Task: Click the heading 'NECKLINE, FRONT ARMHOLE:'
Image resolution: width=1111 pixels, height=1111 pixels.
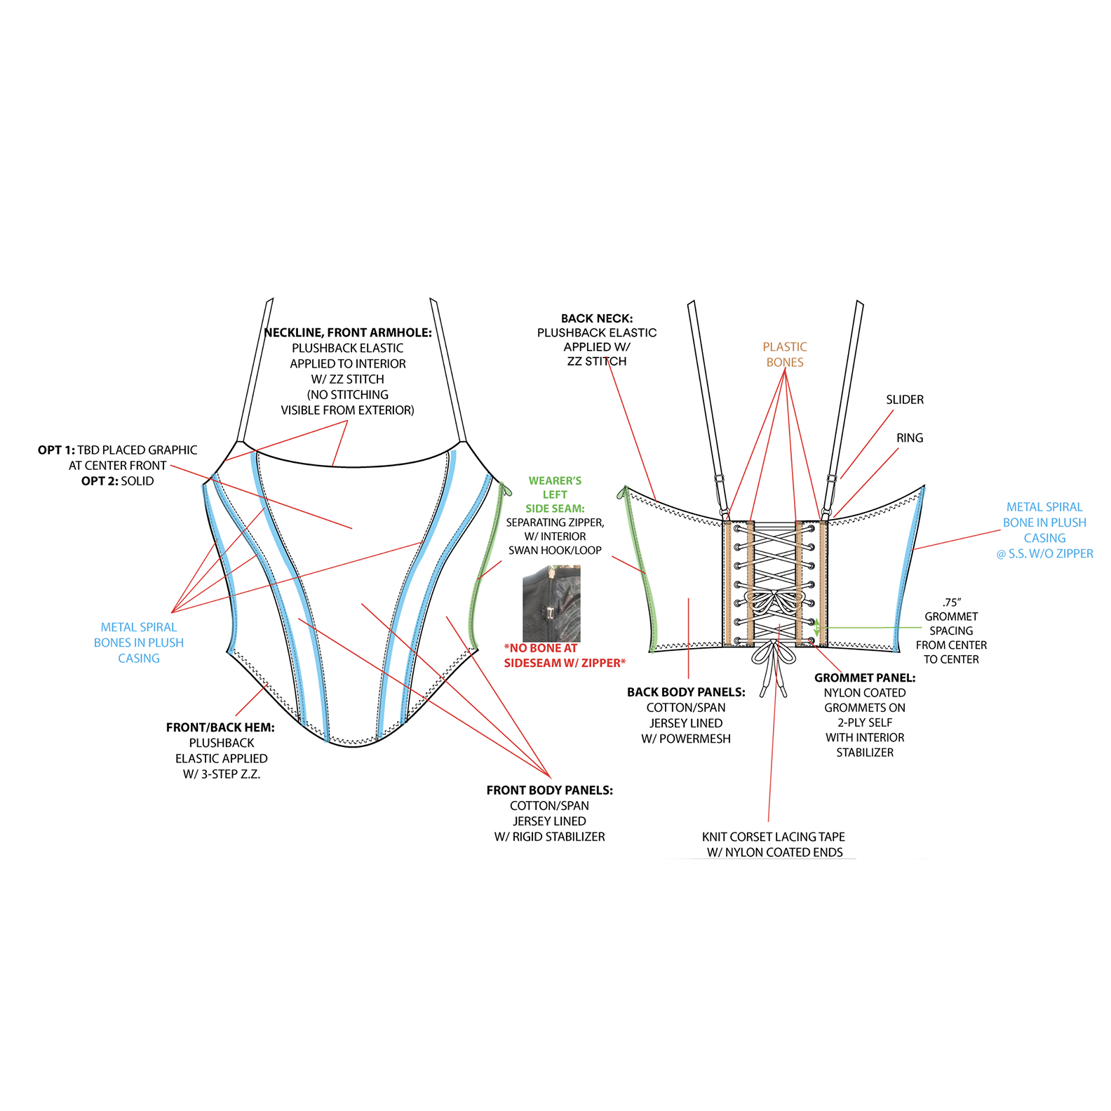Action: [348, 332]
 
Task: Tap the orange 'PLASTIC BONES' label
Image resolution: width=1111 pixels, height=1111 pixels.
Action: [785, 354]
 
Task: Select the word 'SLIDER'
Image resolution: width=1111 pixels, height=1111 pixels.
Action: [904, 400]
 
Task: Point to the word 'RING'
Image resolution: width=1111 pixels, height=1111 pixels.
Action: [910, 438]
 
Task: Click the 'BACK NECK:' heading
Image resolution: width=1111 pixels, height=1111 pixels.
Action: [597, 318]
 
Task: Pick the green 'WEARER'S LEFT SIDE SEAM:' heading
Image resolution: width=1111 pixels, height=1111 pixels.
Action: [555, 494]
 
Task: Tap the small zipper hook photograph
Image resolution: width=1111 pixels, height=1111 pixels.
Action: [551, 604]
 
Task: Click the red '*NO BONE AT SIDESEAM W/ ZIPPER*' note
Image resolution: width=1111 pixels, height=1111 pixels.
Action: [565, 656]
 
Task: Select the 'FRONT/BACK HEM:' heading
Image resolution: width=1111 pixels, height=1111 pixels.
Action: [220, 727]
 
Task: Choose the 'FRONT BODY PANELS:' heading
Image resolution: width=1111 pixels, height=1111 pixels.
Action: [549, 790]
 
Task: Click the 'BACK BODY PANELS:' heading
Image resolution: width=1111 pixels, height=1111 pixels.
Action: [686, 692]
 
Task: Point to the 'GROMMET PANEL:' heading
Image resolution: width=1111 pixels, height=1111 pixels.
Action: [865, 678]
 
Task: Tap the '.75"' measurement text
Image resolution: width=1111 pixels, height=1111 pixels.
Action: [951, 602]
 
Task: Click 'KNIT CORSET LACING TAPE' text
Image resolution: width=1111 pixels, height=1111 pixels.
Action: [773, 837]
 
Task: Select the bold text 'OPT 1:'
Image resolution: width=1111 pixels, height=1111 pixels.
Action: [56, 450]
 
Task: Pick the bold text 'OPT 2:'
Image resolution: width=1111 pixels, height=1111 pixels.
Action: [100, 481]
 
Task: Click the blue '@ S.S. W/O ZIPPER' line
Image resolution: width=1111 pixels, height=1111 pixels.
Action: [1044, 553]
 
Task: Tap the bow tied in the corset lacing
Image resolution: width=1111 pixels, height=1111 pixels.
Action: [774, 603]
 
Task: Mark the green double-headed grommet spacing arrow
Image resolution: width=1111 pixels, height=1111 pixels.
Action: [816, 627]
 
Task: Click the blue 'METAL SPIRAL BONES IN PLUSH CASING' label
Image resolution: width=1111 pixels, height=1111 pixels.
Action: [139, 642]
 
